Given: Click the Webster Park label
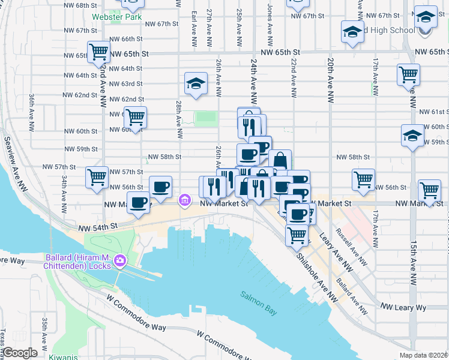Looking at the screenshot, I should coord(116,17).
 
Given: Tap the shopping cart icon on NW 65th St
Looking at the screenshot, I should coord(98,52).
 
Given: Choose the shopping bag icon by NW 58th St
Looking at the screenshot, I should coord(280,161).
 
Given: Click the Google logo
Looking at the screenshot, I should coord(20,352).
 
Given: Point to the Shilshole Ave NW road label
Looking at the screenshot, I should coord(316,275).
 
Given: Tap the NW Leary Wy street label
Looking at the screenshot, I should coord(403,307).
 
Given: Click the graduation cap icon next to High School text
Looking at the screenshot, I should coord(352,32).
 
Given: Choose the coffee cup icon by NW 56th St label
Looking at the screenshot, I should coord(160,187).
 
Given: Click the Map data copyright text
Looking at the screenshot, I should coord(423,355).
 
